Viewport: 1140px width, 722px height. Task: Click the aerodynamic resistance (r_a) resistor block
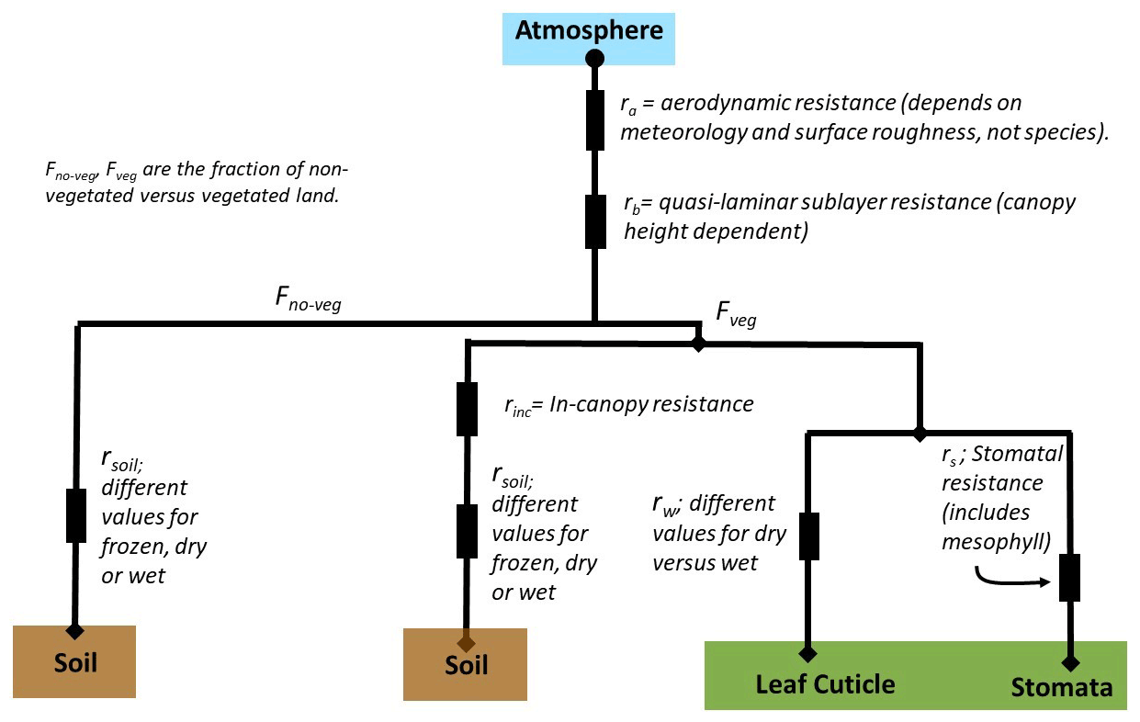(595, 118)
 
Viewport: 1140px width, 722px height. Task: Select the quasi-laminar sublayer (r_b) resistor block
(595, 220)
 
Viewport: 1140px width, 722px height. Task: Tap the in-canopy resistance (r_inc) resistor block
(467, 408)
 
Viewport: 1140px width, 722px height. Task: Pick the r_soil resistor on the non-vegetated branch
(76, 514)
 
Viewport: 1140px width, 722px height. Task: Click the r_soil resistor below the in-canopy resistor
(467, 531)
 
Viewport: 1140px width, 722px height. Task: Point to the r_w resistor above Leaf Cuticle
(808, 536)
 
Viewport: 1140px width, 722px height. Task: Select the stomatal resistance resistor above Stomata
(1069, 578)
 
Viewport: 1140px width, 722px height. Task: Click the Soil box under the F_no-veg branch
(75, 661)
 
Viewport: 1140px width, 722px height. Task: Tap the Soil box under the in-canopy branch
(466, 664)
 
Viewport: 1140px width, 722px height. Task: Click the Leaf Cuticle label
(825, 684)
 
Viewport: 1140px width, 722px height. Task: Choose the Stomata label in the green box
(1061, 687)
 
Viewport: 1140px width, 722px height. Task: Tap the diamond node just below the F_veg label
(698, 344)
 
